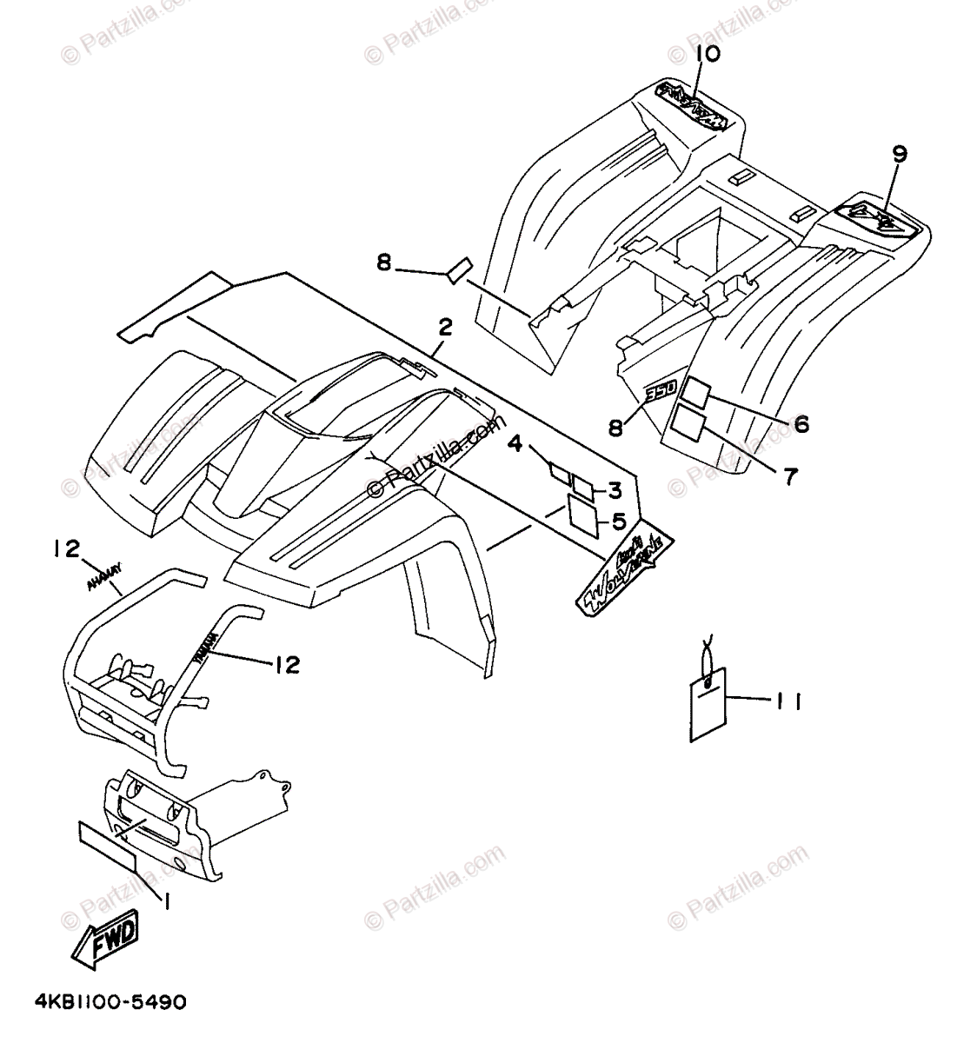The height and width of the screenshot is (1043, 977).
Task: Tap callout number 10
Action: pos(708,55)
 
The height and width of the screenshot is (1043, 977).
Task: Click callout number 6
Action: pos(801,423)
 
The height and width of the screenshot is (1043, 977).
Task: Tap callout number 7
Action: pos(788,476)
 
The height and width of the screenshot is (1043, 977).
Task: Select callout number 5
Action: pos(619,521)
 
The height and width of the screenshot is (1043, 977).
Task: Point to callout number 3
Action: pos(614,491)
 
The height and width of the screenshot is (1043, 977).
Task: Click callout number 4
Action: pos(515,444)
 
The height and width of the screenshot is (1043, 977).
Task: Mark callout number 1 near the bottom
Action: pos(166,902)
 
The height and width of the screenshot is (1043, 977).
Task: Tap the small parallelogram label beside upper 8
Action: pos(459,268)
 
